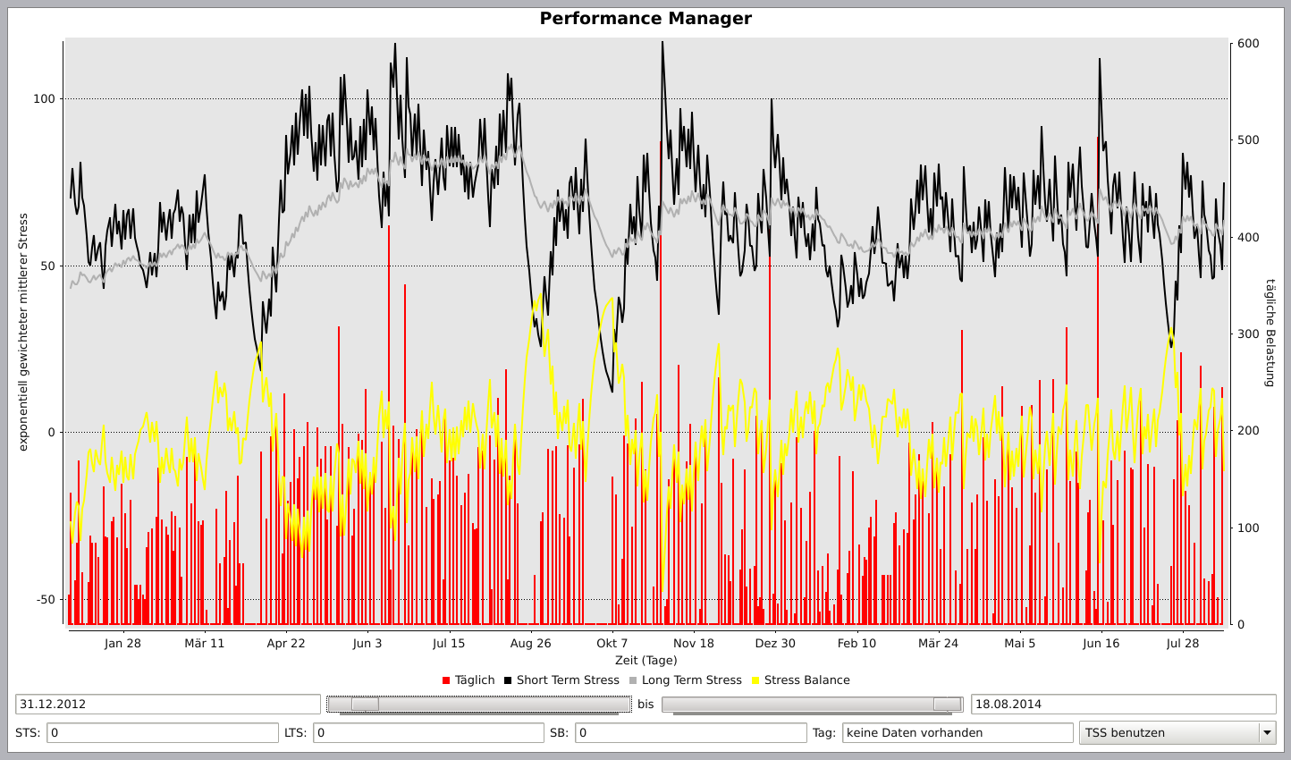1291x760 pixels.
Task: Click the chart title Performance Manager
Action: pyautogui.click(x=645, y=19)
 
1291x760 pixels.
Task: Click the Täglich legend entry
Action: pyautogui.click(x=468, y=680)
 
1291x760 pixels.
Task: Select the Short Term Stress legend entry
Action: pyautogui.click(x=561, y=680)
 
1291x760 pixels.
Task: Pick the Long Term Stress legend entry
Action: pyautogui.click(x=685, y=680)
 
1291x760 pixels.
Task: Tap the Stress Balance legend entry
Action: pyautogui.click(x=800, y=680)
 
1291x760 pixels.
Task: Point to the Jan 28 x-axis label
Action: pyautogui.click(x=122, y=643)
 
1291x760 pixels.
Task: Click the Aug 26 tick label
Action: pyautogui.click(x=530, y=643)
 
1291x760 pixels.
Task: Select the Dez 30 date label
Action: pyautogui.click(x=775, y=643)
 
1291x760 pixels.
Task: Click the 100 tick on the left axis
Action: pyautogui.click(x=44, y=99)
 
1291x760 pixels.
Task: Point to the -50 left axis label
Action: pyautogui.click(x=45, y=600)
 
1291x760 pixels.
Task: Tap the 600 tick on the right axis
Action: pyautogui.click(x=1248, y=44)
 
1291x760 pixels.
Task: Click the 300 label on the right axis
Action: pyautogui.click(x=1248, y=334)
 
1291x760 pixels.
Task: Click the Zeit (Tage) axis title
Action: pyautogui.click(x=645, y=661)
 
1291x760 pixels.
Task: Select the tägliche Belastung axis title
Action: pyautogui.click(x=1270, y=333)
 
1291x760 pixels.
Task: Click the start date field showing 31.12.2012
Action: pyautogui.click(x=167, y=705)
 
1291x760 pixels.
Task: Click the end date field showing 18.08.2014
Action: pyautogui.click(x=1123, y=705)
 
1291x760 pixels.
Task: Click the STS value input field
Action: pyautogui.click(x=162, y=733)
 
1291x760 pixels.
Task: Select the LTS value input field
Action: pyautogui.click(x=427, y=733)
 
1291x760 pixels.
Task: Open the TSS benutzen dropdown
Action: pyautogui.click(x=1177, y=733)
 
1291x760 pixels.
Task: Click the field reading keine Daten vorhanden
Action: pyautogui.click(x=957, y=733)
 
